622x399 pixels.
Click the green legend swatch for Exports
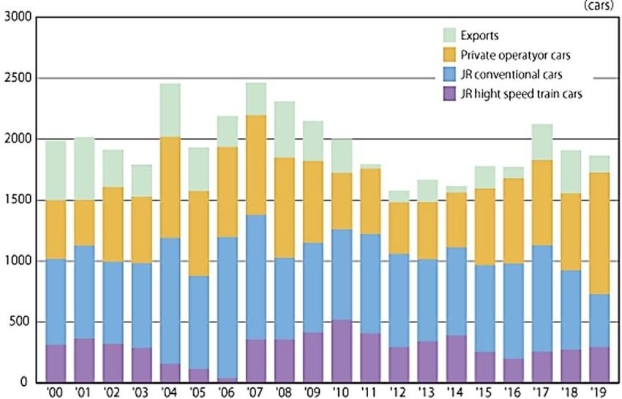450,34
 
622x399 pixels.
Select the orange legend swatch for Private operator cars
450,54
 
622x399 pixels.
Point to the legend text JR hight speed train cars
522,93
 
